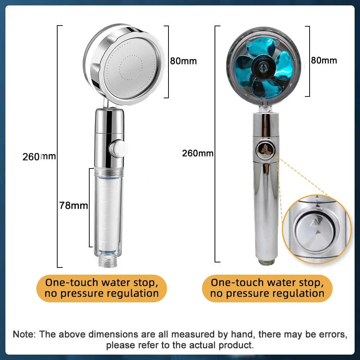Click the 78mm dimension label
pos(73,206)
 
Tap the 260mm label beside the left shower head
pos(39,157)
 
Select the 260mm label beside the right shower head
pos(198,153)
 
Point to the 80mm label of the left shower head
pos(184,61)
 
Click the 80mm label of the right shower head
pos(324,60)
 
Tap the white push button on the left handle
pos(118,149)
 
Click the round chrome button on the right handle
pos(266,150)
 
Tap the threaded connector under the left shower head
pos(108,261)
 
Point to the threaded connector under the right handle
pos(266,262)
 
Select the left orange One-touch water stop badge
pos(102,288)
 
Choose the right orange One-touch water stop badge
pos(267,288)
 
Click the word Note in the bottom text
pos(24,334)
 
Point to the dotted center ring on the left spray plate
pos(131,68)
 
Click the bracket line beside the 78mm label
pos(90,208)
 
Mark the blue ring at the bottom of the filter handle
pos(108,252)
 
